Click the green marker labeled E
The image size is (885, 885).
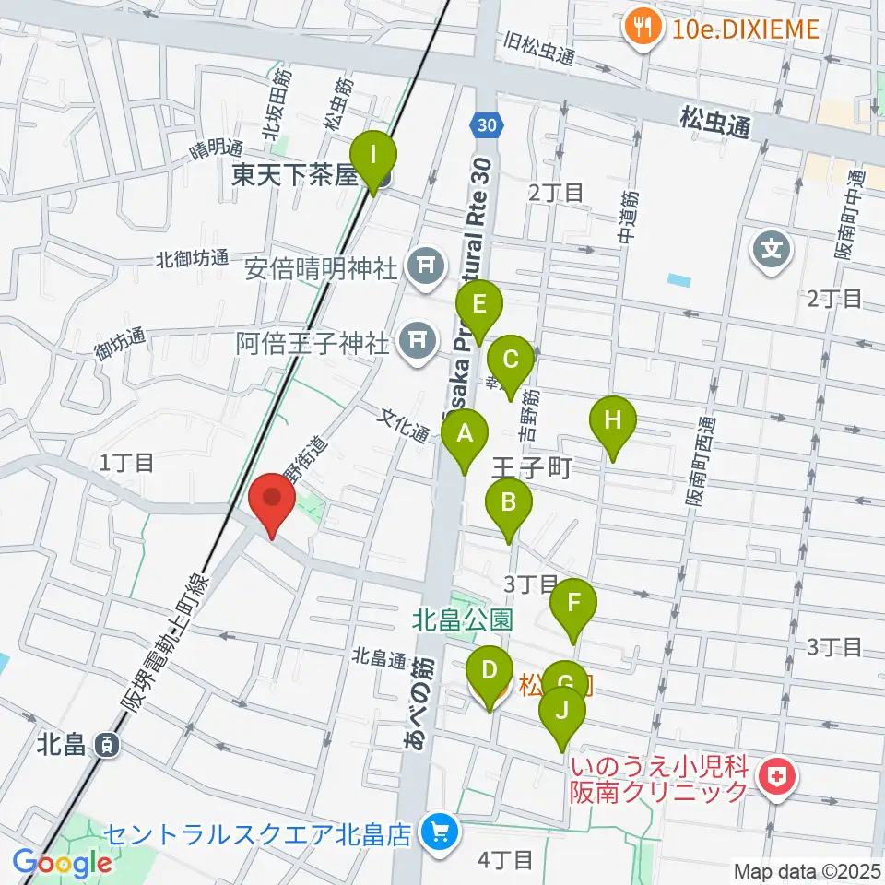pyautogui.click(x=479, y=305)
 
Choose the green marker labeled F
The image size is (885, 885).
pyautogui.click(x=573, y=605)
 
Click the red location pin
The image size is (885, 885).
pyautogui.click(x=273, y=499)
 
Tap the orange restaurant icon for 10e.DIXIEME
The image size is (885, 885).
pyautogui.click(x=638, y=28)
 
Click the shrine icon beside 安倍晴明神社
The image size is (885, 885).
pyautogui.click(x=425, y=268)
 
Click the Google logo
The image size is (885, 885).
pyautogui.click(x=63, y=863)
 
